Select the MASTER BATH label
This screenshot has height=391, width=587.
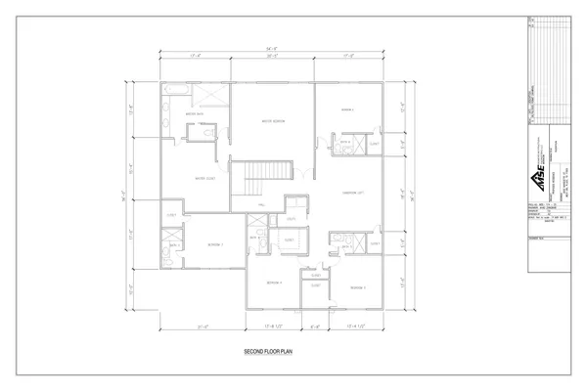194,114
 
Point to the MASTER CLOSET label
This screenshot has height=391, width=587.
204,179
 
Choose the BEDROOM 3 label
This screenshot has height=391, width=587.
215,244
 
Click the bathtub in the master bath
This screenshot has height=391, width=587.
178,92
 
